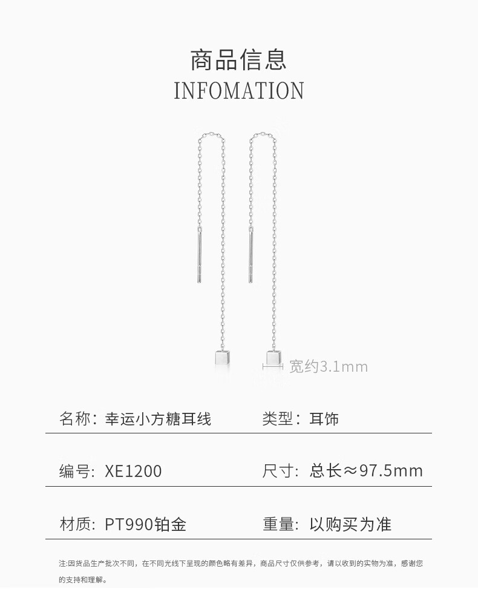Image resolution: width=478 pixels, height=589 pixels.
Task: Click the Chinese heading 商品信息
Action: pyautogui.click(x=238, y=60)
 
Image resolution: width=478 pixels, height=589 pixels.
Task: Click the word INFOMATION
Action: pyautogui.click(x=238, y=91)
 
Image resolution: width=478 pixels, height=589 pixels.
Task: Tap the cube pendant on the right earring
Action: pyautogui.click(x=273, y=357)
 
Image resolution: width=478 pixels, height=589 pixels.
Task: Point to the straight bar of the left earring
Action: pyautogui.click(x=199, y=258)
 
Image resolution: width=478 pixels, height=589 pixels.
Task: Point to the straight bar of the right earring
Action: pyautogui.click(x=250, y=258)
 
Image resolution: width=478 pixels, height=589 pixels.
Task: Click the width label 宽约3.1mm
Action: pyautogui.click(x=328, y=367)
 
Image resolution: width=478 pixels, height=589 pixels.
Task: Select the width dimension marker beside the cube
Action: pyautogui.click(x=273, y=367)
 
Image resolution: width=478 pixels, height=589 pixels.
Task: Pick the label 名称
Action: pyautogui.click(x=74, y=418)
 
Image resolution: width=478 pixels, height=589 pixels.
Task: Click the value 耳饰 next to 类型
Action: pyautogui.click(x=324, y=418)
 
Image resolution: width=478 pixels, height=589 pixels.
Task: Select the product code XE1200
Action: pyautogui.click(x=133, y=472)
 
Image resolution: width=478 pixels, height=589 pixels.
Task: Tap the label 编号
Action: pyautogui.click(x=74, y=472)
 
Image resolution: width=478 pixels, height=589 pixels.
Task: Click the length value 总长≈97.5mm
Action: pyautogui.click(x=366, y=471)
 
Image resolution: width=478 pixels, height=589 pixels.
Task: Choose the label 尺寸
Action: pyautogui.click(x=277, y=471)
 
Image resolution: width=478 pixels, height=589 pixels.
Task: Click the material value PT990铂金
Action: pyautogui.click(x=145, y=524)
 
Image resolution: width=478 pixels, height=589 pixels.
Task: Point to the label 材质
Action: pyautogui.click(x=74, y=524)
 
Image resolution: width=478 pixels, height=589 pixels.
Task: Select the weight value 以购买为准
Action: pyautogui.click(x=350, y=524)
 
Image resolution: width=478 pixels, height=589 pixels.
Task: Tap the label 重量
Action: pyautogui.click(x=277, y=524)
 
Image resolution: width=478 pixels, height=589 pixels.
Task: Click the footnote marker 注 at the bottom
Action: pyautogui.click(x=62, y=564)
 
